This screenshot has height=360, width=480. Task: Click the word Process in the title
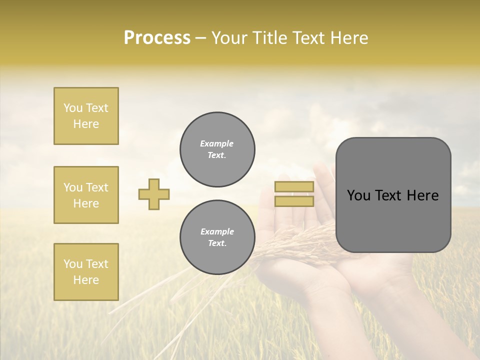point(157,38)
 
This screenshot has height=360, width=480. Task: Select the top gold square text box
point(86,116)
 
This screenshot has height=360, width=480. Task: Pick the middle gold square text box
point(86,195)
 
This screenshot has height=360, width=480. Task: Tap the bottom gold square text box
point(86,272)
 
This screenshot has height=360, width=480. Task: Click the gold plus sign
point(154,194)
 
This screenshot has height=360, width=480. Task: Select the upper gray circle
point(217,149)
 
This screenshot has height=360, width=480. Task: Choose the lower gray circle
point(217,237)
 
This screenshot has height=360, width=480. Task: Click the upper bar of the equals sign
point(294,187)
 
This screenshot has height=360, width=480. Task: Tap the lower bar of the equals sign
point(294,201)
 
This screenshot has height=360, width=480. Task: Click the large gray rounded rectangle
point(393,220)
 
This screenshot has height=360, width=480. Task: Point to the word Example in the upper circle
point(217,143)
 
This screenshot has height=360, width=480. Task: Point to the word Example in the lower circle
point(217,231)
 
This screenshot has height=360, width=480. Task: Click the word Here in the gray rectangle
point(422,195)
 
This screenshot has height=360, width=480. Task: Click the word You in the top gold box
point(72,108)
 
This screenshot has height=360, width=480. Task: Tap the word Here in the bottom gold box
point(86,280)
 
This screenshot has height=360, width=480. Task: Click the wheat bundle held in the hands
point(295,240)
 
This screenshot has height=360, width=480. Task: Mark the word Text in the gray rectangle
point(388,195)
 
